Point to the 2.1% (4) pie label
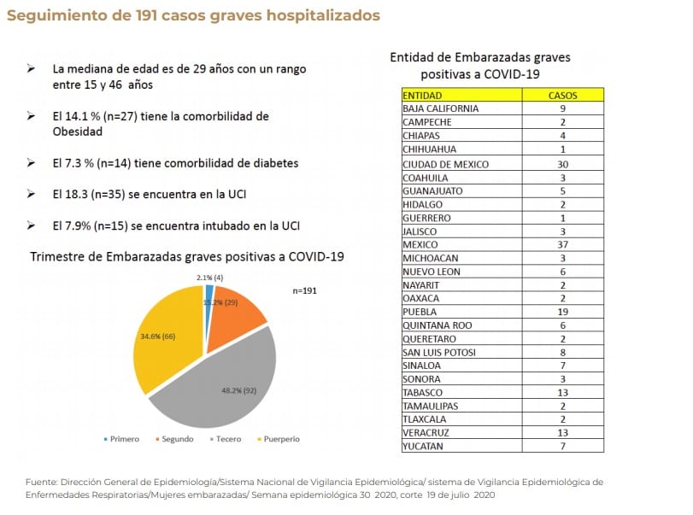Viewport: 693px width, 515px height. point(210,278)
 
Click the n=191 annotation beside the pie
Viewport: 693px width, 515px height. point(305,290)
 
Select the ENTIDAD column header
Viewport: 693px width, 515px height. point(422,96)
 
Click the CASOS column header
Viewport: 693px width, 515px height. point(561,96)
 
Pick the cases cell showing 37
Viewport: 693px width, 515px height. point(561,243)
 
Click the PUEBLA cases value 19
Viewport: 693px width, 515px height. point(561,312)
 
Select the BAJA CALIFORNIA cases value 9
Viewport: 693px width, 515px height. point(561,108)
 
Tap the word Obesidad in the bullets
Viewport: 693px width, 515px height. point(77,132)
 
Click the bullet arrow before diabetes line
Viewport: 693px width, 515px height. point(32,163)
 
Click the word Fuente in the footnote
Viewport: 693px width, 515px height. point(41,483)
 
